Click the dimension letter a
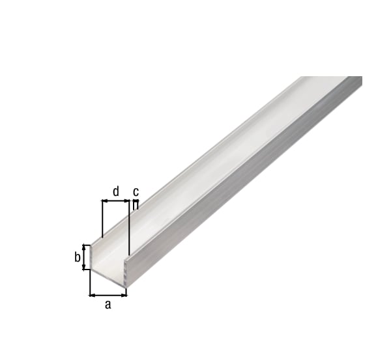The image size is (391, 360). [x=108, y=304]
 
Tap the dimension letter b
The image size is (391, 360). [x=78, y=257]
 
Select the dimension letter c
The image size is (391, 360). [x=136, y=191]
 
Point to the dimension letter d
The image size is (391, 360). [x=116, y=191]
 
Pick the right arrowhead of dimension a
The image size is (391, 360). [x=124, y=295]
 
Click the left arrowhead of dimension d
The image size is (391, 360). [x=105, y=201]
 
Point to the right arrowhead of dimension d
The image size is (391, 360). [x=126, y=201]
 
